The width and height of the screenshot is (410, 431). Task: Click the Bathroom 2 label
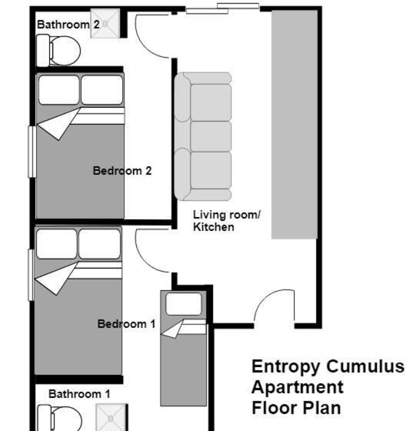68,25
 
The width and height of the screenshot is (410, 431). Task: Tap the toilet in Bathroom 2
58,51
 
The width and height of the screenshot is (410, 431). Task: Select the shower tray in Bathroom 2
105,23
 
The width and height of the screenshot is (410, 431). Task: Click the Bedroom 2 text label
122,171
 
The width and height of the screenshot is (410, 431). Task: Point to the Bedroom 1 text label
126,324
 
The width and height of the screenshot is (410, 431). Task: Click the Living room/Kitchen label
226,221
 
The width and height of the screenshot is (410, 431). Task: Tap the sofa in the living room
203,136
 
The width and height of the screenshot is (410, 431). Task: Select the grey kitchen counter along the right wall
295,125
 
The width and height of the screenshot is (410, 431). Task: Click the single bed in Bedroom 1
184,348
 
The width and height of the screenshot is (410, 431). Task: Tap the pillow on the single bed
184,304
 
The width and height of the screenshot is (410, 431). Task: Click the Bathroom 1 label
79,394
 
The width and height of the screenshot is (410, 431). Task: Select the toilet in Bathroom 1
59,418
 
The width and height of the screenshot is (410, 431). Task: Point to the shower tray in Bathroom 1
111,417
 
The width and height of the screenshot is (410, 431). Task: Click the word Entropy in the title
286,367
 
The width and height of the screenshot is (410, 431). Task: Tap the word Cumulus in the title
365,366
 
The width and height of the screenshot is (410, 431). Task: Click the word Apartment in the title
298,388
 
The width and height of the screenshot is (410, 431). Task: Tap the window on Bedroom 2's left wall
32,152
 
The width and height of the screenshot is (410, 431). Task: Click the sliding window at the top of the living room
222,8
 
